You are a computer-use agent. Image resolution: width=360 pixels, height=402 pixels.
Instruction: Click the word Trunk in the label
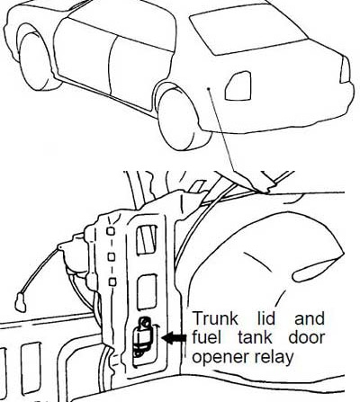coord(214,318)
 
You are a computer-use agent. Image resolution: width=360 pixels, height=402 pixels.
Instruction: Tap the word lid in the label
coord(266,318)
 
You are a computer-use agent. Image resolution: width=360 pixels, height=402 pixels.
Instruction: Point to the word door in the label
coord(307,337)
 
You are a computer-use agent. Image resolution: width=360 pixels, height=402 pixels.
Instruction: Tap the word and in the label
coord(310,318)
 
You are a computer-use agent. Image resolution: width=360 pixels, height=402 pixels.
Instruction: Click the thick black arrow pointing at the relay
coord(174,337)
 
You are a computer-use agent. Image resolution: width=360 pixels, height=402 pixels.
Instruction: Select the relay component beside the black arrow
coord(142,336)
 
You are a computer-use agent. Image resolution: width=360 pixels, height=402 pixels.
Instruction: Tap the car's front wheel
coord(35,61)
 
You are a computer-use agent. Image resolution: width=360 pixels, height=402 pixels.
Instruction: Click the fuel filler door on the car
coord(238,86)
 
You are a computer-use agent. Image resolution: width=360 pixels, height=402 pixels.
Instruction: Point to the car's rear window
coord(248,30)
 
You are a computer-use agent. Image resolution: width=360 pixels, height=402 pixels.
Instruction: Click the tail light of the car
coord(345,70)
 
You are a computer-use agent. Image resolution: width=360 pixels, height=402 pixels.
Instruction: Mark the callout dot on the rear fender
coord(208,88)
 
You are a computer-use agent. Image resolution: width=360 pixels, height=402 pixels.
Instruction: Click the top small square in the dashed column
coord(111,231)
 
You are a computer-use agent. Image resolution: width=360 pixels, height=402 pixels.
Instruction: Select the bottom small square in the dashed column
coord(112,281)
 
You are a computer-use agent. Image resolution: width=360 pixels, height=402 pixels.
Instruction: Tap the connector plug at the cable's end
coord(21,302)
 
